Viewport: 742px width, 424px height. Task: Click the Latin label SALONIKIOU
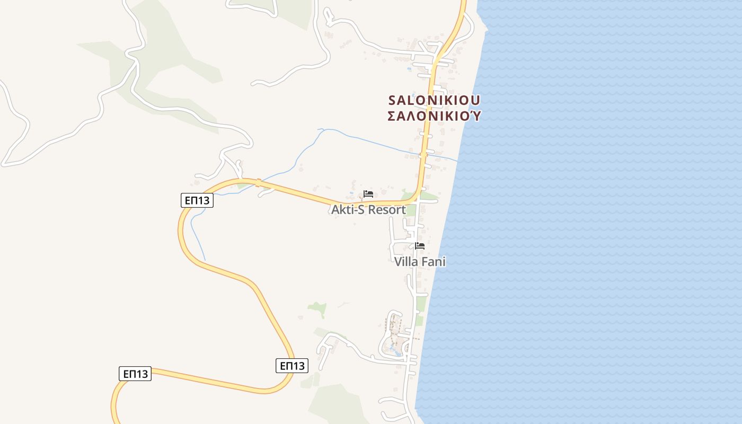click(434, 100)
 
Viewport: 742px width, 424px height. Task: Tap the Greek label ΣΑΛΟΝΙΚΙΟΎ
click(434, 116)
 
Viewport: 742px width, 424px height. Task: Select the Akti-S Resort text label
click(368, 209)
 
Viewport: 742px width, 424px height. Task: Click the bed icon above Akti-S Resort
click(368, 194)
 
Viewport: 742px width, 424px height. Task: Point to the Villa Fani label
click(420, 261)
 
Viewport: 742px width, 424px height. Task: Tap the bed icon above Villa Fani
click(420, 246)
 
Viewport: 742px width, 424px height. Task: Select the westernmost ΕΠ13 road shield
click(135, 374)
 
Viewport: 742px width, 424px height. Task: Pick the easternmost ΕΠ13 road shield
click(292, 366)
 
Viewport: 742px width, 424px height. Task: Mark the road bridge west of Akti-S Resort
click(259, 183)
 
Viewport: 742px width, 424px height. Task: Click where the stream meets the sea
click(457, 160)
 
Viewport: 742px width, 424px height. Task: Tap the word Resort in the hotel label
click(387, 209)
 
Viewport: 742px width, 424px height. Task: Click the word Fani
click(434, 261)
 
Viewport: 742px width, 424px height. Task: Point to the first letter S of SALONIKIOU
click(393, 100)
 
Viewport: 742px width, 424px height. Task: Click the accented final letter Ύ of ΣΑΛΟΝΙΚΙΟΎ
click(476, 116)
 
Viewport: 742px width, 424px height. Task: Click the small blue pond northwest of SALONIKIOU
click(409, 68)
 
